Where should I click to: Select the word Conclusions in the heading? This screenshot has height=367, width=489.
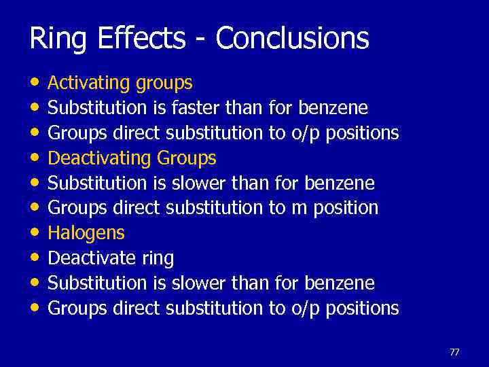pos(293,39)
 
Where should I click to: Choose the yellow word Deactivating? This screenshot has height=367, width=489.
pos(100,158)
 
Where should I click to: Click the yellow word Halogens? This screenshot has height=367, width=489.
pos(86,233)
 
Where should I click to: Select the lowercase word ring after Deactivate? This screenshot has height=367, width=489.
pos(158,259)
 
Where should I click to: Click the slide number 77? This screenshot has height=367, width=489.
pos(454,352)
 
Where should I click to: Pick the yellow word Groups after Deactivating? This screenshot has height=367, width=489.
pos(186,159)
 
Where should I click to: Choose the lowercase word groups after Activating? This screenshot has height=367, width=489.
pos(164,84)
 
